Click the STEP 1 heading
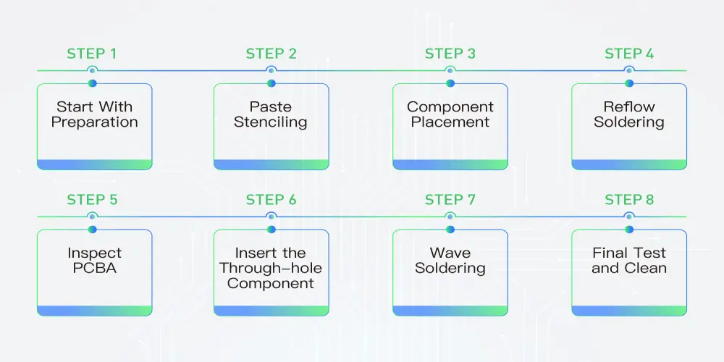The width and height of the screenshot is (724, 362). (x=91, y=54)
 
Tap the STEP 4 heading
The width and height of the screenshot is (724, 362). (x=629, y=54)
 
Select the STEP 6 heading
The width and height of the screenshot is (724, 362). (x=271, y=200)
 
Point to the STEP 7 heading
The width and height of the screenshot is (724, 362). (x=450, y=200)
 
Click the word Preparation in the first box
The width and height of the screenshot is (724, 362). (x=94, y=122)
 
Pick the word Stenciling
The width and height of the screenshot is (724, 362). (x=271, y=122)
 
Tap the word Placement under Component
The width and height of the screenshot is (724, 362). (x=450, y=122)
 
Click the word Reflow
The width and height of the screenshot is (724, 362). (x=629, y=106)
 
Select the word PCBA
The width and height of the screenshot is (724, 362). (x=94, y=269)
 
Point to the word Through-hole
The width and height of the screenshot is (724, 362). (x=271, y=269)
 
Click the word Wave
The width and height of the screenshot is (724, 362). (x=450, y=253)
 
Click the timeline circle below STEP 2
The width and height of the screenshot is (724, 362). (x=271, y=70)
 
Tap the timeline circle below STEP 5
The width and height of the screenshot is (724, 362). (x=92, y=216)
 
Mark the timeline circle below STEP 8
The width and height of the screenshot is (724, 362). (x=629, y=216)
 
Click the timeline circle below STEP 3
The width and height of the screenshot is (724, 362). (x=450, y=70)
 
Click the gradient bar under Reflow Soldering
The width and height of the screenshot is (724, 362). (x=629, y=164)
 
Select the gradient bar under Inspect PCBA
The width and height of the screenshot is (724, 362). (x=94, y=311)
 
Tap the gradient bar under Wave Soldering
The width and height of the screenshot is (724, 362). (x=450, y=311)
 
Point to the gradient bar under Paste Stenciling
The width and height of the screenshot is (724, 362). (x=271, y=164)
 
